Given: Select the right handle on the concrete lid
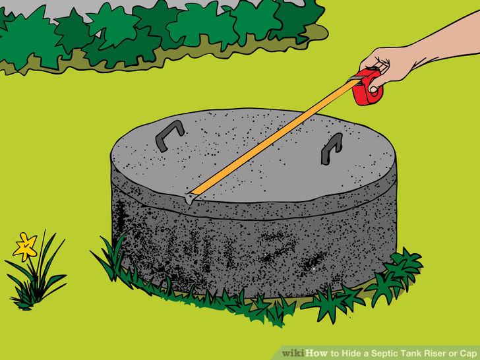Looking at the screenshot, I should tap(331, 148).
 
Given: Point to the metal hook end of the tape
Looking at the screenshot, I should tap(189, 196).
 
